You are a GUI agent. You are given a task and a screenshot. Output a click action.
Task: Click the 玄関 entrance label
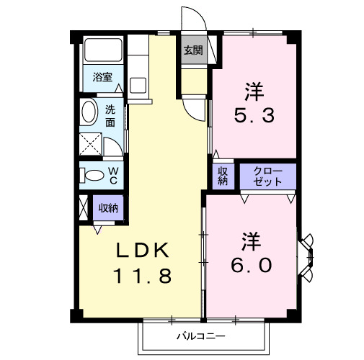coord(192,50)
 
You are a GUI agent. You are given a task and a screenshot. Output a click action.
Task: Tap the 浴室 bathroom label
coord(101,77)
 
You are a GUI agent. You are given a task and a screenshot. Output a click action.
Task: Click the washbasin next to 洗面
coord(89,113)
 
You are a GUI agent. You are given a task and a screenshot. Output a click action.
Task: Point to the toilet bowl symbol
coord(92,174)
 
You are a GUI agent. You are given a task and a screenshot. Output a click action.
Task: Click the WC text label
coord(113,174)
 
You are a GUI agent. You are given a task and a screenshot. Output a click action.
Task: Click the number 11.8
coord(142,275)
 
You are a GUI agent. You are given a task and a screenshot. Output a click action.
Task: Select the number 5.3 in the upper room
coord(252,115)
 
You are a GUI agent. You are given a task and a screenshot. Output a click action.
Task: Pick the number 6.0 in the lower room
coord(252,265)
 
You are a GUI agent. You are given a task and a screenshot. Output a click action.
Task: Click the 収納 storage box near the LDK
coord(108,209)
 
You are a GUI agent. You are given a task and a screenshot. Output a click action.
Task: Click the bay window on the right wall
coord(308,256)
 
